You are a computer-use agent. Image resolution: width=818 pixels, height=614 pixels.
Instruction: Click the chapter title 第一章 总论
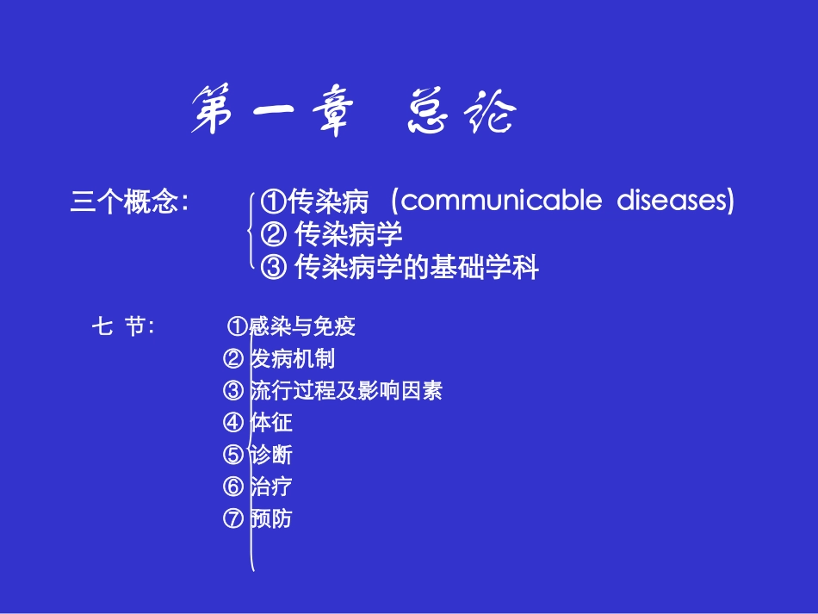pyautogui.click(x=353, y=113)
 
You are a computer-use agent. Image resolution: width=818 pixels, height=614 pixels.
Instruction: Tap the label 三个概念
pyautogui.click(x=129, y=203)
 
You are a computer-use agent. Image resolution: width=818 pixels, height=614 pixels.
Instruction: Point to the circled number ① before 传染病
pyautogui.click(x=273, y=203)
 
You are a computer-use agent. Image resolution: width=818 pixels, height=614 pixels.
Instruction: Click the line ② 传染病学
pyautogui.click(x=331, y=234)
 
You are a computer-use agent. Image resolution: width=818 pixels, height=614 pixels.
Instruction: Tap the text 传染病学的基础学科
pyautogui.click(x=417, y=268)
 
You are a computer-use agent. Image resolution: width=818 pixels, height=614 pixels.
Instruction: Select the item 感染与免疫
pyautogui.click(x=302, y=326)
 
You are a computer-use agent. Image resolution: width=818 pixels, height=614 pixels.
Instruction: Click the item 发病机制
pyautogui.click(x=292, y=359)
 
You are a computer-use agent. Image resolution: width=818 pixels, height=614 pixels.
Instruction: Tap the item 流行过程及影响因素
pyautogui.click(x=346, y=391)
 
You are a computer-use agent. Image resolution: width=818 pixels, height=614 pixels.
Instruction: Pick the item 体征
pyautogui.click(x=271, y=423)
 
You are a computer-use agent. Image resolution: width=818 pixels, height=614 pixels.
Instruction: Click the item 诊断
pyautogui.click(x=271, y=455)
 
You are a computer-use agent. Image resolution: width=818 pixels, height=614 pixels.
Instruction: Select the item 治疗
pyautogui.click(x=271, y=487)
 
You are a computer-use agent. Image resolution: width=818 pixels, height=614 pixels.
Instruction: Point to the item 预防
pyautogui.click(x=271, y=518)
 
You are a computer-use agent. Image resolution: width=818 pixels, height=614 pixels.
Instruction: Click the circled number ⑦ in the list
pyautogui.click(x=232, y=518)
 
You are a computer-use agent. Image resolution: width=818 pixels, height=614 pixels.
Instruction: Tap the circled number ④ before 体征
pyautogui.click(x=232, y=423)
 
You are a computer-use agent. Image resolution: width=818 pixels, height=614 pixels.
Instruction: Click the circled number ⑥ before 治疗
pyautogui.click(x=232, y=487)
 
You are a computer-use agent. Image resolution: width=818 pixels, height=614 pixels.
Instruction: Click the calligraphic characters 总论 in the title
pyautogui.click(x=461, y=113)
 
